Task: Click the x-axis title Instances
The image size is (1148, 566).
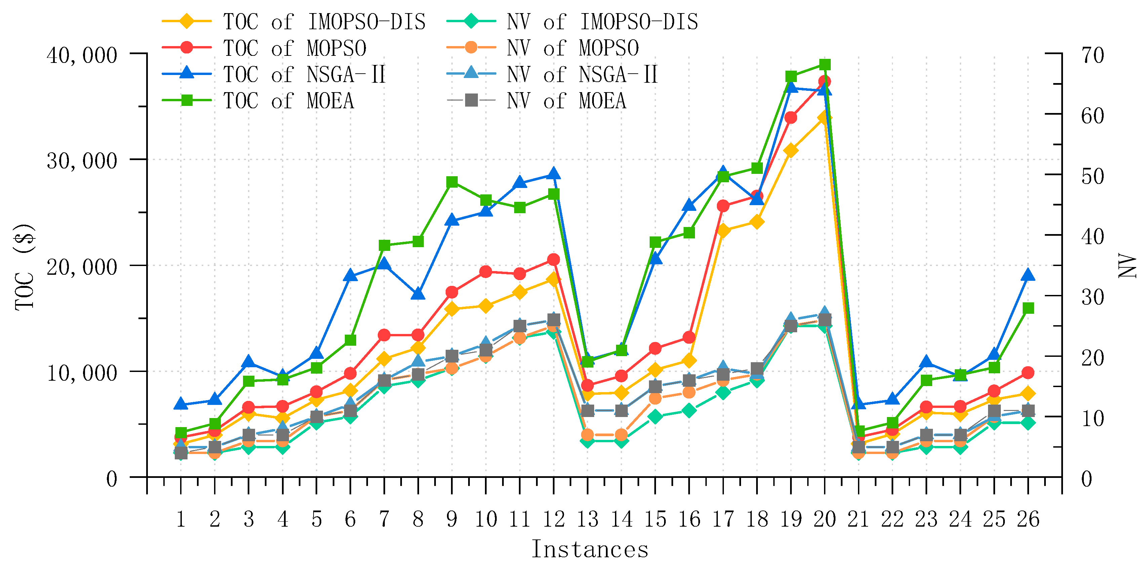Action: tap(589, 550)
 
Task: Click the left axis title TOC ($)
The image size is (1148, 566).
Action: tap(25, 267)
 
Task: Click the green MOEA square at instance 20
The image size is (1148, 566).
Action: tap(824, 65)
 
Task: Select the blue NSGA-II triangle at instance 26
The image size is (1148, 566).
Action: tap(1028, 275)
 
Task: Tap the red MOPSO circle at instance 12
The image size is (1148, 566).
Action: tap(553, 259)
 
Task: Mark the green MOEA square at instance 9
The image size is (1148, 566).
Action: tap(452, 182)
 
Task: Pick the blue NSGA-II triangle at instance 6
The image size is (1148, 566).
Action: tap(350, 276)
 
